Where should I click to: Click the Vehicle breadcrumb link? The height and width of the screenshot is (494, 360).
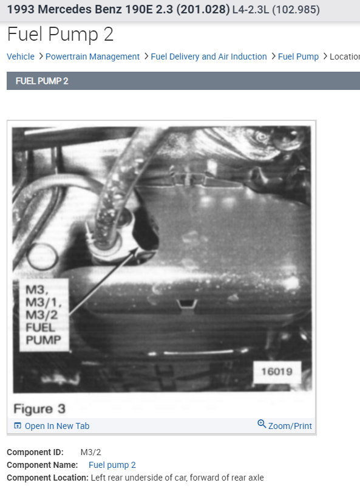click(x=21, y=57)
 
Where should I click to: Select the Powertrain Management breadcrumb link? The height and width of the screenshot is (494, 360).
click(x=92, y=57)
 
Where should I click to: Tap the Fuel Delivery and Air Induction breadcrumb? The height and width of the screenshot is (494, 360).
click(x=209, y=57)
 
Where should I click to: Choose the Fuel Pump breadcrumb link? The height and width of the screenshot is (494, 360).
click(x=298, y=57)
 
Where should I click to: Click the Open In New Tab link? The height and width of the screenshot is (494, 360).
click(x=57, y=426)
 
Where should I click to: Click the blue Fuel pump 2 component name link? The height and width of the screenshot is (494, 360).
click(x=112, y=465)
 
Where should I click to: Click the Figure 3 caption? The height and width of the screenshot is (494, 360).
click(x=39, y=408)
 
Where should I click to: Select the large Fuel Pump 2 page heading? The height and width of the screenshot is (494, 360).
click(x=60, y=35)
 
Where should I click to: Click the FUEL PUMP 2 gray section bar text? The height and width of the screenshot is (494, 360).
click(x=42, y=81)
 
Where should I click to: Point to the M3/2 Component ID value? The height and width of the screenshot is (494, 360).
click(x=90, y=452)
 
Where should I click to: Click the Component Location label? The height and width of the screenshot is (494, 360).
click(x=47, y=478)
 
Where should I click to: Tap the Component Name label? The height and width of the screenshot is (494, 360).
click(x=42, y=465)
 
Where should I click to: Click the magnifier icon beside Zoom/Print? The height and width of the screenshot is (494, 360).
click(x=262, y=424)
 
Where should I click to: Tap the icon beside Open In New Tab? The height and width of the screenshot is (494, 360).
click(x=17, y=426)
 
